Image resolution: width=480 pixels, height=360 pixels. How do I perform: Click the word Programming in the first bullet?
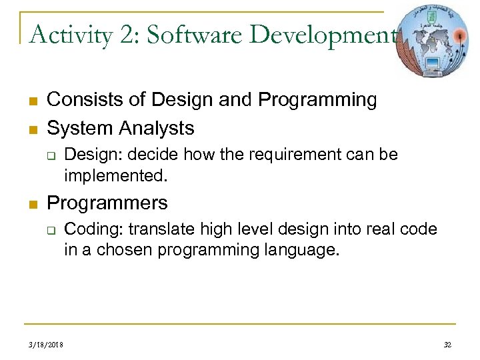pos(317,100)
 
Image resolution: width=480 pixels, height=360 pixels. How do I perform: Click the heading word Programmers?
pos(107,202)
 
